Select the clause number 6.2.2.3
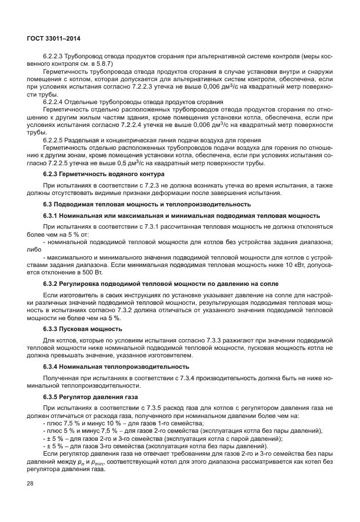click(x=54, y=57)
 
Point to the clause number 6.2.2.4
click(x=54, y=101)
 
